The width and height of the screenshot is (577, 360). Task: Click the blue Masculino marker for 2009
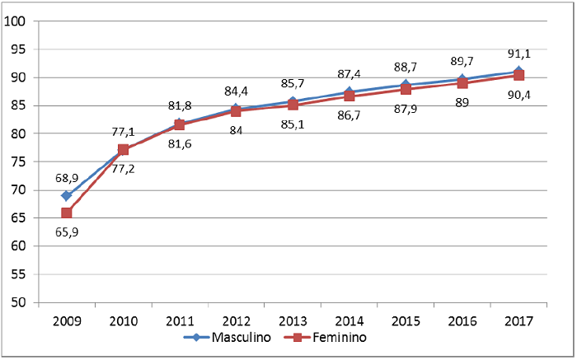(66, 196)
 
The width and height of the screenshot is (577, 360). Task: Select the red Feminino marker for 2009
(66, 213)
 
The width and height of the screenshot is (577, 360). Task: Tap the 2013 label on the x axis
(293, 320)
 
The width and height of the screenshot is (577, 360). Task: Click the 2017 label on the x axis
(518, 320)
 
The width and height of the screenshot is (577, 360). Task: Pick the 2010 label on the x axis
(123, 320)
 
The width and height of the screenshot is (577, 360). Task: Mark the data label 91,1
(519, 54)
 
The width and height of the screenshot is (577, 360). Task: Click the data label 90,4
(519, 95)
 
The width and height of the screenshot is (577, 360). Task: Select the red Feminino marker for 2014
(349, 96)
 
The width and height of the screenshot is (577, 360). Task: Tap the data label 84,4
(237, 91)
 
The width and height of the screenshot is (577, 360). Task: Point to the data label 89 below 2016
(462, 102)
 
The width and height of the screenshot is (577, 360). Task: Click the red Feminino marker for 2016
(462, 83)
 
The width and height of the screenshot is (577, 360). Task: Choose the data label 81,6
(180, 143)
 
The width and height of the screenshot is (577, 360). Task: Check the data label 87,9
(406, 110)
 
